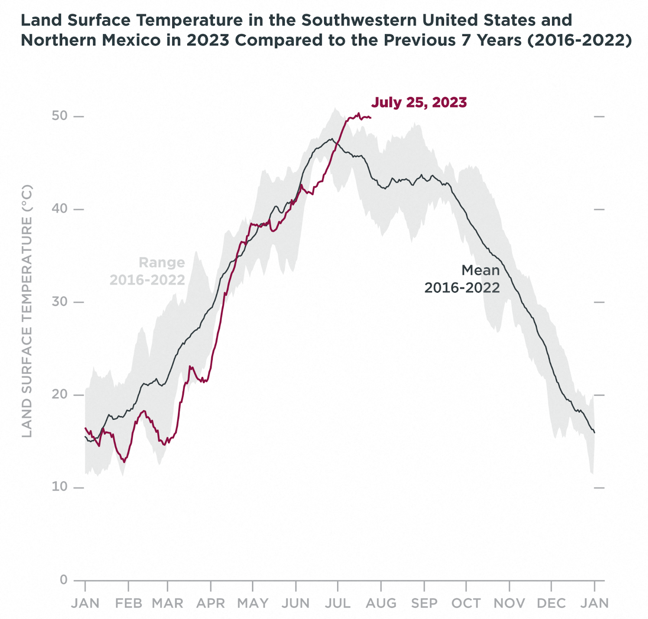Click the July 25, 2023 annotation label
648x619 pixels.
419,103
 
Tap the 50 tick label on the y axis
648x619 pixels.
59,116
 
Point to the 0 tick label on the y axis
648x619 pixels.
64,580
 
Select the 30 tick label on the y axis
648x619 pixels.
59,302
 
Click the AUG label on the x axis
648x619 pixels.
381,604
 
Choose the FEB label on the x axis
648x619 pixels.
128,604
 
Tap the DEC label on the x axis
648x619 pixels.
551,604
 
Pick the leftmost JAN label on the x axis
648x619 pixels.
85,604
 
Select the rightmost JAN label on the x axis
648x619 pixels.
595,604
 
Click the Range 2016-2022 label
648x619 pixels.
147,271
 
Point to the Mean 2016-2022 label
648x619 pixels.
462,279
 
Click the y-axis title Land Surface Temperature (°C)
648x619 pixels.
27,311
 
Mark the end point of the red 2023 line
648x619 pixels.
371,118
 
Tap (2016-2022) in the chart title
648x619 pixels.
579,40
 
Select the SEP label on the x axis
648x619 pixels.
424,604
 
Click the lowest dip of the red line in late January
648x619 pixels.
124,462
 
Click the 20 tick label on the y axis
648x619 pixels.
59,394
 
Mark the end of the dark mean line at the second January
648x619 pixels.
595,432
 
